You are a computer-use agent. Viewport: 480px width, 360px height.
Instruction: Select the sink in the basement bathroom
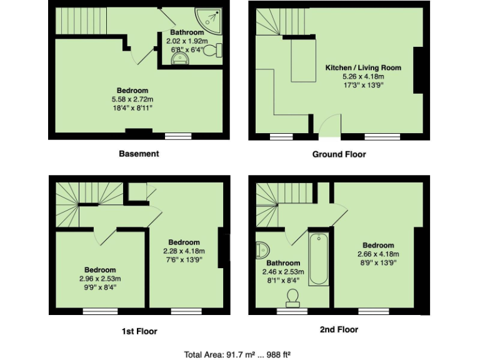(180, 59)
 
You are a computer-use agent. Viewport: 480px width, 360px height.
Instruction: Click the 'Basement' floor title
(139, 154)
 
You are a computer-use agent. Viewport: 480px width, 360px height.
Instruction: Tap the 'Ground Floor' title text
(339, 154)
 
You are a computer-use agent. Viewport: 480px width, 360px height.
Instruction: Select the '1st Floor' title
(139, 331)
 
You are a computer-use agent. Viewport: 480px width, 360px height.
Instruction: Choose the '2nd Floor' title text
(339, 329)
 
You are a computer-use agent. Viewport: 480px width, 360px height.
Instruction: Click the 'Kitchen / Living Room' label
(362, 67)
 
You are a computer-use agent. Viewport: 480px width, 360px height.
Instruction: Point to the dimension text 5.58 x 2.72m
(131, 99)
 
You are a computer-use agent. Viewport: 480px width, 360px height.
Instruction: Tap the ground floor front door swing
(329, 127)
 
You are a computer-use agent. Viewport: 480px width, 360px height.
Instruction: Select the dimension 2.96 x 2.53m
(100, 279)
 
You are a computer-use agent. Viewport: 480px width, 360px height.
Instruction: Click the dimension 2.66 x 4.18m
(378, 254)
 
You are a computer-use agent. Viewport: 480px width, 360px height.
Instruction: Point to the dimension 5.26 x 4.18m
(362, 76)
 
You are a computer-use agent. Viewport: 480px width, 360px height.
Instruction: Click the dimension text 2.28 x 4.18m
(184, 251)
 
